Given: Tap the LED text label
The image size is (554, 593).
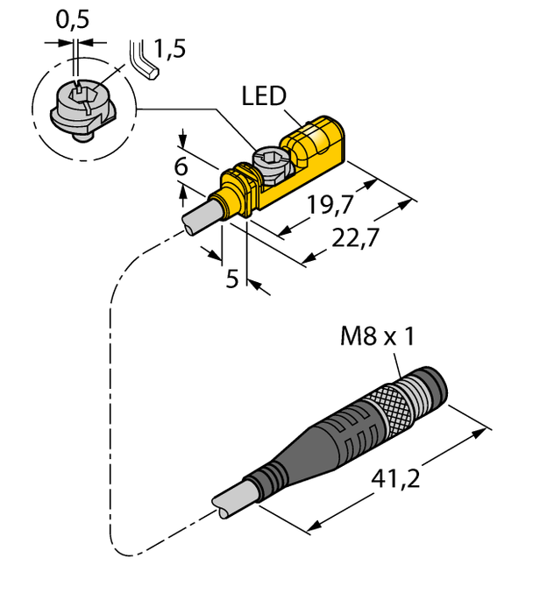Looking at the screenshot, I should point(265,96).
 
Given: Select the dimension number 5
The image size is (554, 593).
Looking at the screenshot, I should point(232,279).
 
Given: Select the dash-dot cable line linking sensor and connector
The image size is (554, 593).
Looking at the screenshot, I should point(111,394).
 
